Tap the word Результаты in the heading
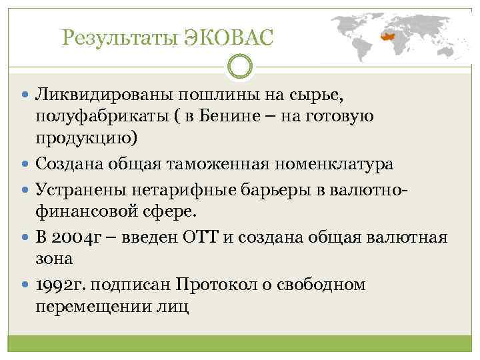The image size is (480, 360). point(117,38)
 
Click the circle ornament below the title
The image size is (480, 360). point(240,66)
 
